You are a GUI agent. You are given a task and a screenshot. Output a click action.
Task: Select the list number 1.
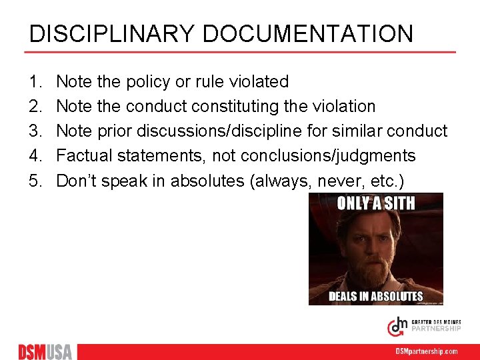(34, 82)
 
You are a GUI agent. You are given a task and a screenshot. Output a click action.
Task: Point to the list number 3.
(34, 131)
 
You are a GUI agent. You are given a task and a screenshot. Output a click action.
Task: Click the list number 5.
(34, 181)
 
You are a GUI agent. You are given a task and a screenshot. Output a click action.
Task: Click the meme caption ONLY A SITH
(375, 203)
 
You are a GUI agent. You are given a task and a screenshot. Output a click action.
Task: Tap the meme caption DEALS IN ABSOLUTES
(375, 296)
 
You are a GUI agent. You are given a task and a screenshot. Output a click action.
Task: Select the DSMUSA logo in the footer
(45, 351)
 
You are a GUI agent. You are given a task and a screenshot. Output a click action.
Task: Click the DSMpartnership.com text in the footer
(427, 351)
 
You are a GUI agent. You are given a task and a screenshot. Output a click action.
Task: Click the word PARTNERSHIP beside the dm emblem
(435, 329)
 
